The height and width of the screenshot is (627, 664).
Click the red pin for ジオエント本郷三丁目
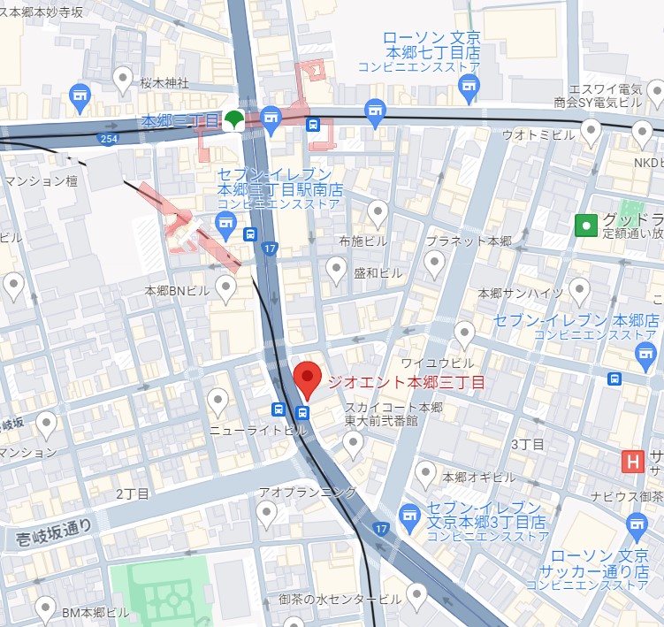(x=307, y=378)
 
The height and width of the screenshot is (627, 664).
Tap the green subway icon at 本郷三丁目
(x=235, y=119)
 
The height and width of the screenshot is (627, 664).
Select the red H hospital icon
(x=632, y=462)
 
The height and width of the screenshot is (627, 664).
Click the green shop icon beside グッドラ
(x=584, y=226)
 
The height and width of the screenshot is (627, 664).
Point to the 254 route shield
(x=109, y=140)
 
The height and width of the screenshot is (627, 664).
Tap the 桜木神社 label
(x=164, y=83)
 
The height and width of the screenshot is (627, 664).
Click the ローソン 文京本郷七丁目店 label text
(x=431, y=46)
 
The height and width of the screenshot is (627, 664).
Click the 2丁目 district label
(x=133, y=493)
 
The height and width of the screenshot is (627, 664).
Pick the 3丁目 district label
(x=528, y=443)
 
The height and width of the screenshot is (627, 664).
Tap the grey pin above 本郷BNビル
(x=227, y=287)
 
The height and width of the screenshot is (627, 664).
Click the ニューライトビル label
(x=257, y=430)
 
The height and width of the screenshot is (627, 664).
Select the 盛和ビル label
(x=378, y=273)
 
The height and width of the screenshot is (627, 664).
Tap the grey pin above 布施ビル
(x=378, y=212)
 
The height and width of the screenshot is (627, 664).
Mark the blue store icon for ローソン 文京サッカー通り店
(x=637, y=528)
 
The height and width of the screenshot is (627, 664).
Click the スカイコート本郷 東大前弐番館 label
(x=393, y=414)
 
